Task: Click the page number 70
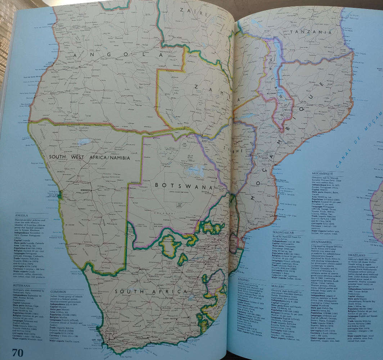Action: (x=18, y=352)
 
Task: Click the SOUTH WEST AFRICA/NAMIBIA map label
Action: (x=89, y=157)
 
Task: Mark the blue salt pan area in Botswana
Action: (x=195, y=171)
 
